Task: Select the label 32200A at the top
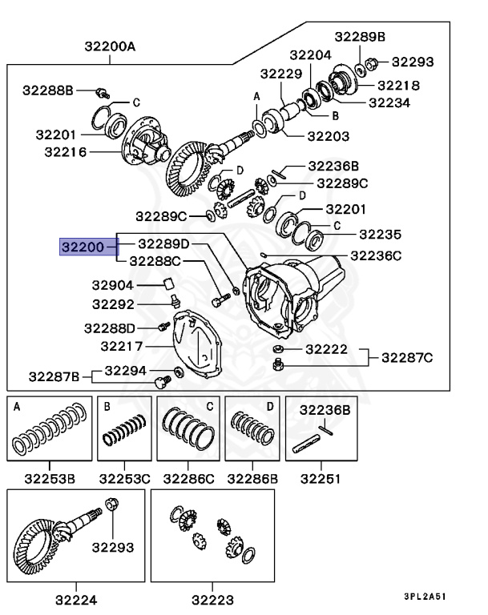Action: click(110, 46)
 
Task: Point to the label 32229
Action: click(280, 74)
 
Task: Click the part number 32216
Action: click(66, 151)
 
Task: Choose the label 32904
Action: click(112, 285)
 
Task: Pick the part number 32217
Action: click(122, 347)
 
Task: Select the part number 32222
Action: click(326, 349)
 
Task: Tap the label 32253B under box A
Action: click(49, 480)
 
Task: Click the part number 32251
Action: click(320, 480)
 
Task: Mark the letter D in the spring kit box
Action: click(269, 406)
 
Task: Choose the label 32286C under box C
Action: click(188, 480)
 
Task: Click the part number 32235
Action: click(379, 235)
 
